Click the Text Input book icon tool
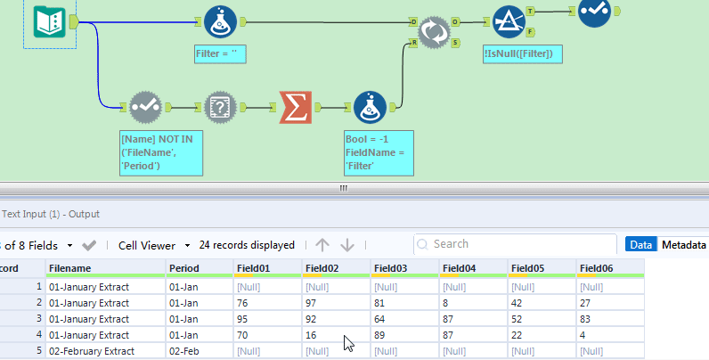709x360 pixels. coord(49,21)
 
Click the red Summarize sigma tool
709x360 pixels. coord(295,108)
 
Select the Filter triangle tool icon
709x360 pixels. coord(508,21)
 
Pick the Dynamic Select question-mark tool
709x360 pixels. coord(219,108)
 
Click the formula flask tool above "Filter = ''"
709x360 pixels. coord(219,21)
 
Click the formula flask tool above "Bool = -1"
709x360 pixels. coord(370,108)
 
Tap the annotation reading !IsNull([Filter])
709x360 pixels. coord(522,54)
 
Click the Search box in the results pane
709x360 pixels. coord(517,244)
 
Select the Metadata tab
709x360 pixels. coord(684,244)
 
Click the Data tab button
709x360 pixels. coord(641,244)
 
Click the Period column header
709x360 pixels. coord(184,267)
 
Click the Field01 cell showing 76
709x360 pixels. coord(242,303)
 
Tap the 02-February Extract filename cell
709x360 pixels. coord(89,350)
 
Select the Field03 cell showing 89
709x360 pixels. coord(381,334)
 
